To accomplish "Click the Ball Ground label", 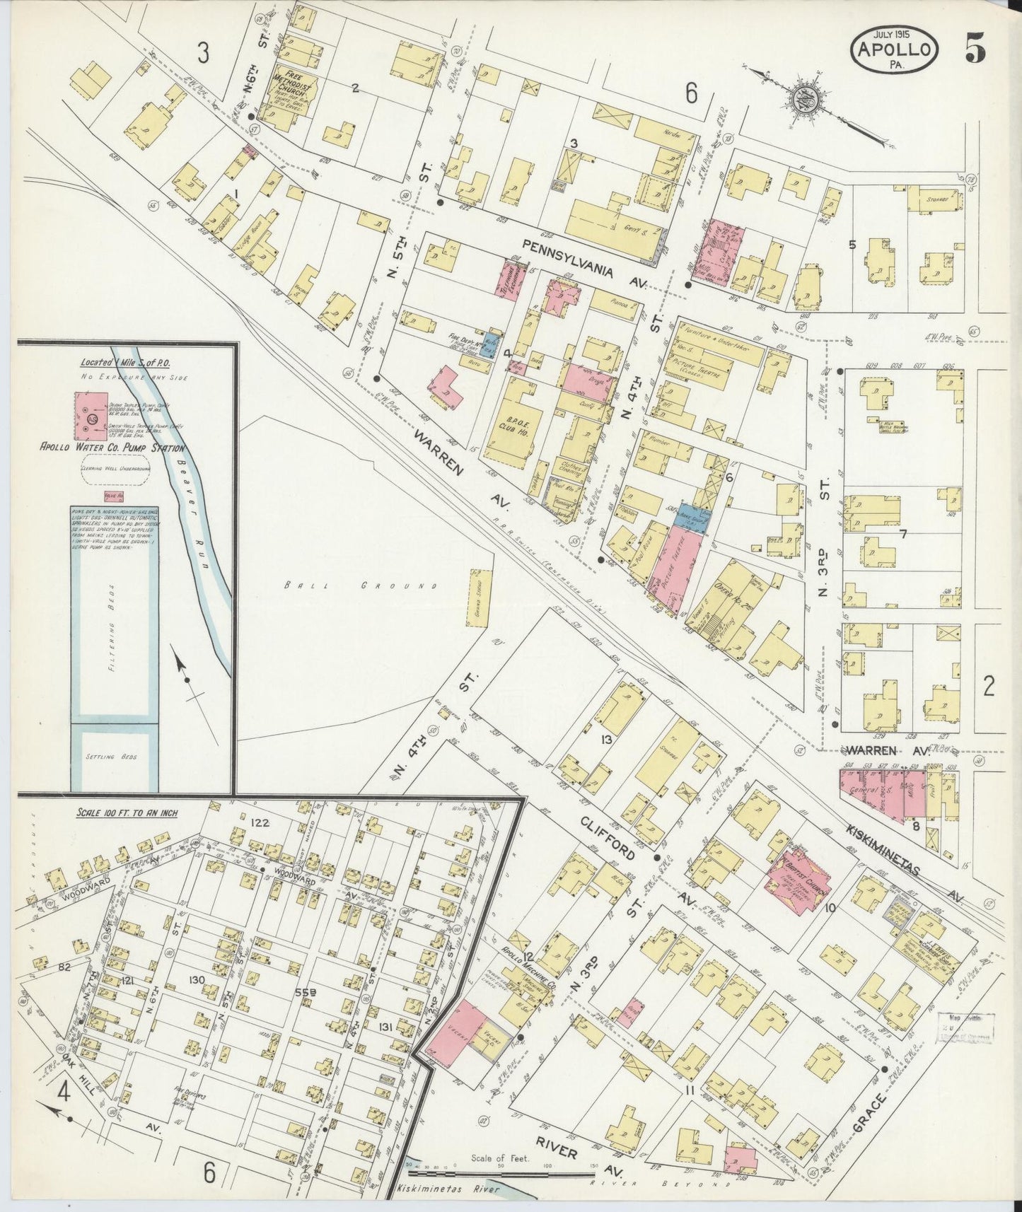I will click(x=361, y=586).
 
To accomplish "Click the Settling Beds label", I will click(x=112, y=756).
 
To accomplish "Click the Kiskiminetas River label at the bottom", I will click(x=448, y=1189).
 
